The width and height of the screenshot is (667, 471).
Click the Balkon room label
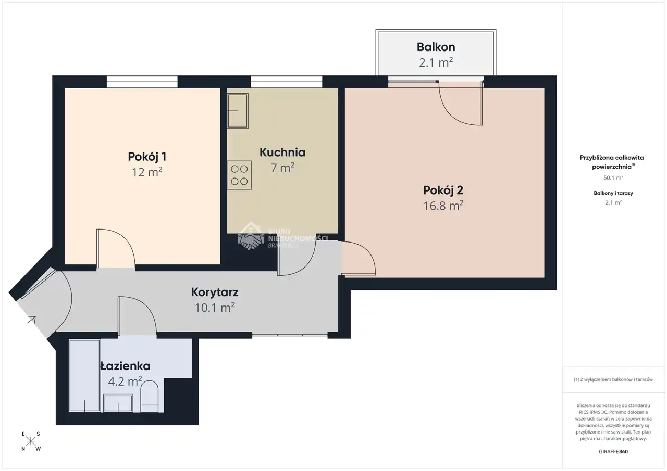click(x=436, y=47)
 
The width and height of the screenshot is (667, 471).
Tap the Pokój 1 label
click(x=147, y=157)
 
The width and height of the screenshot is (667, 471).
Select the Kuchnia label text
click(x=282, y=152)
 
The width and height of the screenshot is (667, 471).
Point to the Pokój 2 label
click(x=443, y=190)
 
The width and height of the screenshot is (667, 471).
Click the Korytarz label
click(x=215, y=292)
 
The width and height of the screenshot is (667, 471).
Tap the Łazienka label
click(x=125, y=366)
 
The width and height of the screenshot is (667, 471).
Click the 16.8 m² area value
click(x=443, y=206)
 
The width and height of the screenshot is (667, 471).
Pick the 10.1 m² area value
click(x=215, y=308)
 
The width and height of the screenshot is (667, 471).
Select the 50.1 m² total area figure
click(x=613, y=177)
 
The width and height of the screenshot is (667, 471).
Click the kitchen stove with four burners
click(x=239, y=175)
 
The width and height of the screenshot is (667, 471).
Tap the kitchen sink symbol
click(x=238, y=111)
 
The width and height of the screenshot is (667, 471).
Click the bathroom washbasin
click(x=118, y=403)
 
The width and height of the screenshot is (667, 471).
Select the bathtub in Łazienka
click(x=84, y=376)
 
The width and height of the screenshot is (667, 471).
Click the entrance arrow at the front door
click(x=32, y=320)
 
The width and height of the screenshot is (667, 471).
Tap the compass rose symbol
click(x=31, y=441)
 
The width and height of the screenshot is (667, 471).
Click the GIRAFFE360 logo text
click(x=613, y=451)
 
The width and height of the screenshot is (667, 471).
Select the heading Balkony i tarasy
click(x=613, y=193)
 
